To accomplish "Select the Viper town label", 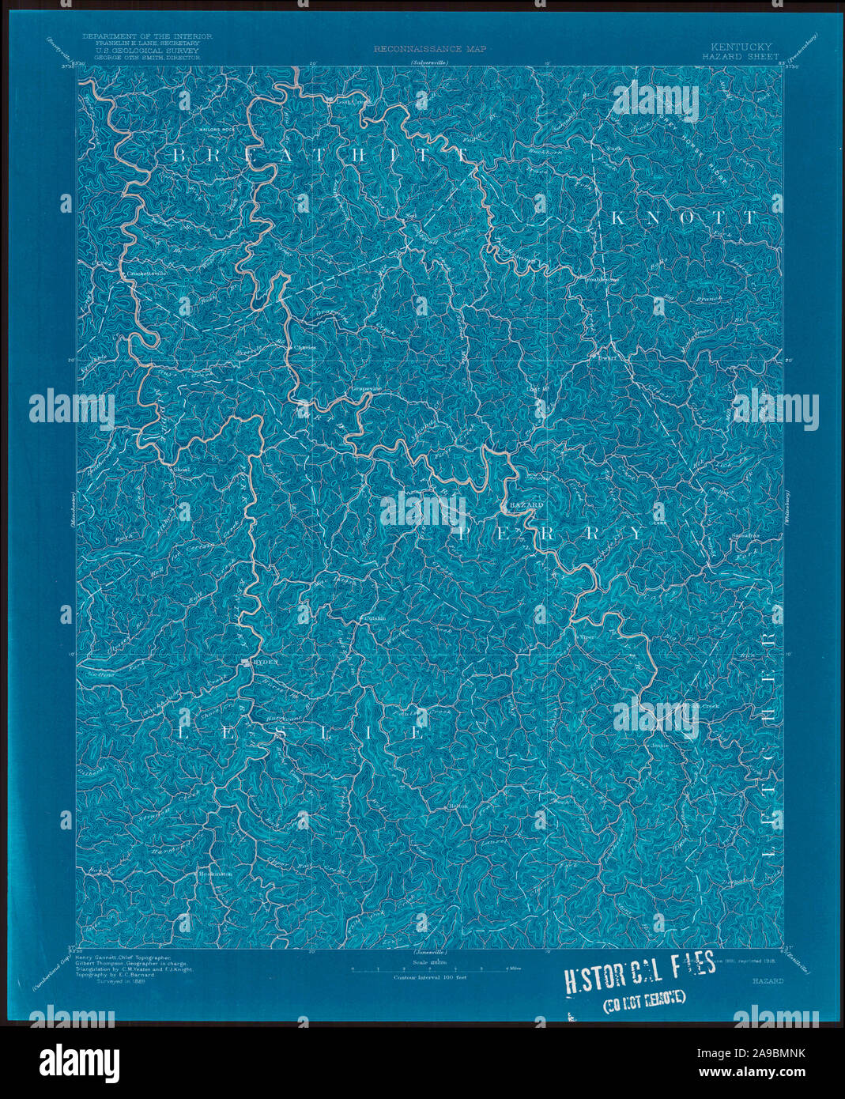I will pos(586,635).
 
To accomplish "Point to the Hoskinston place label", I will pos(214,874).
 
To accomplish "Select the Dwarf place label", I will pos(605,357).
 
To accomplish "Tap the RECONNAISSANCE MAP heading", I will pos(431,49).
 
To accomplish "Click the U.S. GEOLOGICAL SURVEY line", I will pos(147,50).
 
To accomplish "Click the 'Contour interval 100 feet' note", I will pos(431,978).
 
